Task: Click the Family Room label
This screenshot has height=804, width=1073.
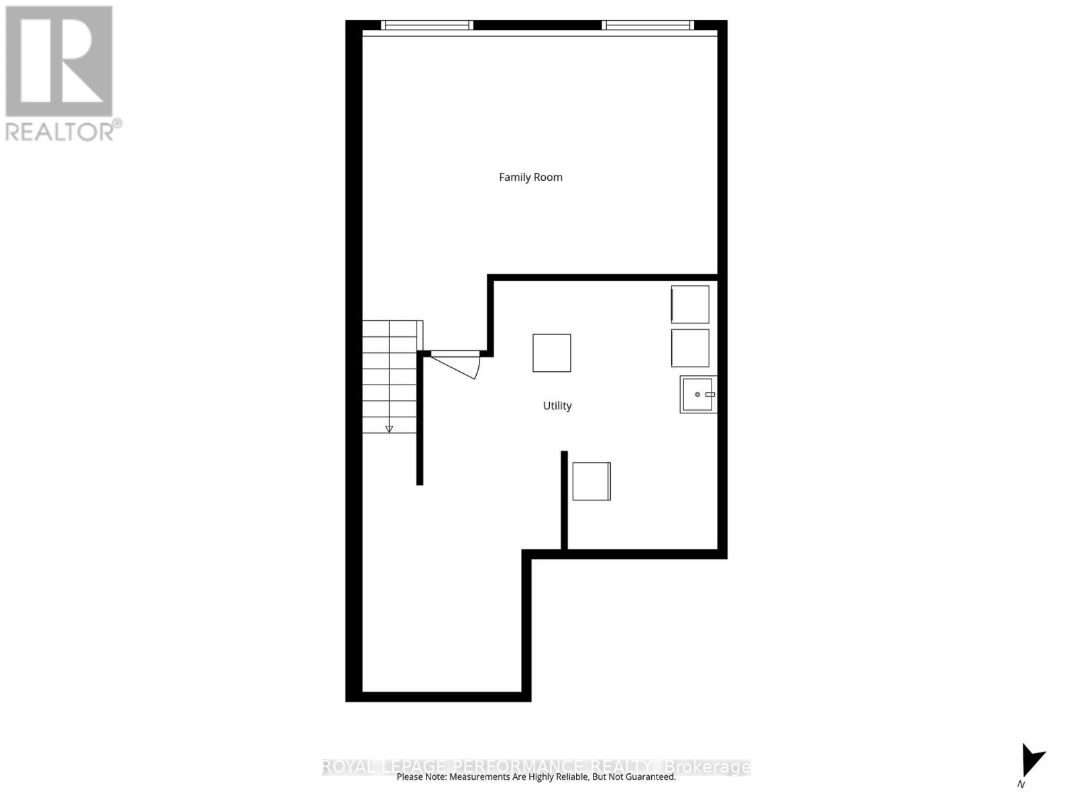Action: pos(530,177)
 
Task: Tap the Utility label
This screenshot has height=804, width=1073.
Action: pos(557,405)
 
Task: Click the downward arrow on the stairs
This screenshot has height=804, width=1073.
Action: pos(389,428)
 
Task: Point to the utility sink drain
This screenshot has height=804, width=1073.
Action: pos(697,395)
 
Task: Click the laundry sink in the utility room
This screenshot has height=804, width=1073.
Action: pos(698,395)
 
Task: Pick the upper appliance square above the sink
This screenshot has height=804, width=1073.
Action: pos(690,304)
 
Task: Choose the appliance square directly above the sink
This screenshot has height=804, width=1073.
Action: pos(690,348)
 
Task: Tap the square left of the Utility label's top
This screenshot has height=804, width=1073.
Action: pos(552,353)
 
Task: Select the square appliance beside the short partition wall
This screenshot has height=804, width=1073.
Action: pos(591,481)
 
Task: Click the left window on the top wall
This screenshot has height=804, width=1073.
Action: pos(427,25)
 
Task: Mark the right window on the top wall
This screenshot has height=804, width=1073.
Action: pos(648,25)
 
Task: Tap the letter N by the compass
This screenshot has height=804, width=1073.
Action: pos(1021,785)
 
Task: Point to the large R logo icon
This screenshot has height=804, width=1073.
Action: pos(59,61)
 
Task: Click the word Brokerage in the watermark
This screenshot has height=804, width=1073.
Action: pos(707,766)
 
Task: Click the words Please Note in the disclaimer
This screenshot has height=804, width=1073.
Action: pos(421,777)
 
